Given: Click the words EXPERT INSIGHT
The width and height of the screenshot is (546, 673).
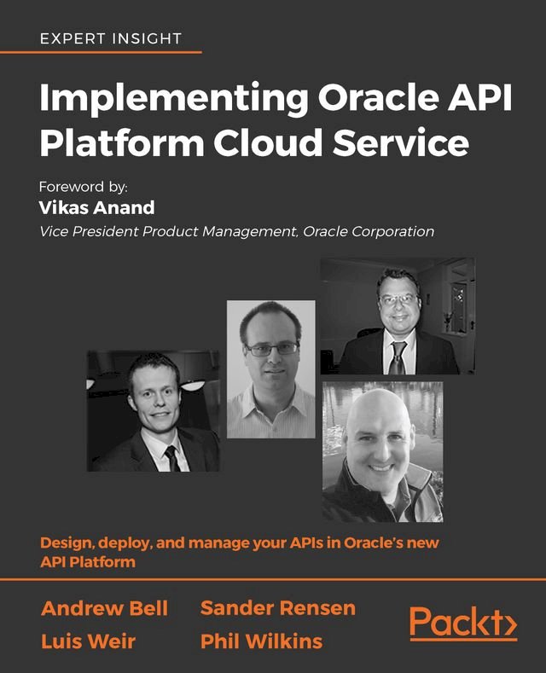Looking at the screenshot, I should (x=111, y=38).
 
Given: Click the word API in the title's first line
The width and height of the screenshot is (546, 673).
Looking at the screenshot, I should (x=483, y=100).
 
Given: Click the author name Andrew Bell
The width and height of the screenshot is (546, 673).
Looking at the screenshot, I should (x=105, y=608).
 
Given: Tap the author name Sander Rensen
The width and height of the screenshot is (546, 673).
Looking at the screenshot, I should (x=277, y=608).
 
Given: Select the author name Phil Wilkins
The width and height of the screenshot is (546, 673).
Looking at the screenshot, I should (x=261, y=641).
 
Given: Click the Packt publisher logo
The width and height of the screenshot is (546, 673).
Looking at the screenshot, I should (x=462, y=624).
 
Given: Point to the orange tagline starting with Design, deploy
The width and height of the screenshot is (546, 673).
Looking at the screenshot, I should (x=239, y=552).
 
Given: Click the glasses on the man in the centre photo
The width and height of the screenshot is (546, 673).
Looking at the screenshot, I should (x=271, y=349).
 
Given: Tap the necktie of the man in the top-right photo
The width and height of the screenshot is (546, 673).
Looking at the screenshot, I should (x=398, y=357).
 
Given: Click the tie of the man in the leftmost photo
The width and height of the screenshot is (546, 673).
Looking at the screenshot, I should (x=171, y=457).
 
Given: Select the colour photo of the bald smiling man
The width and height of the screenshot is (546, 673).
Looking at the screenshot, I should (x=382, y=452).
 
